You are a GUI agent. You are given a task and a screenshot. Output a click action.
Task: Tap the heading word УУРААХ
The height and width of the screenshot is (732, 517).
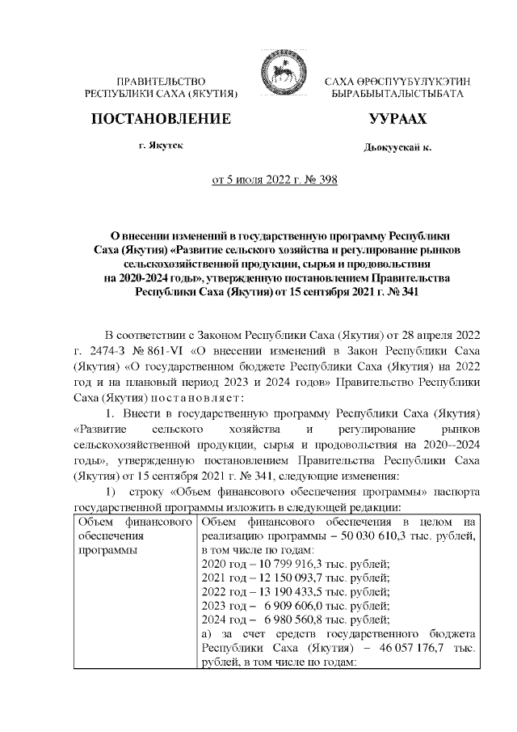click(x=397, y=120)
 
